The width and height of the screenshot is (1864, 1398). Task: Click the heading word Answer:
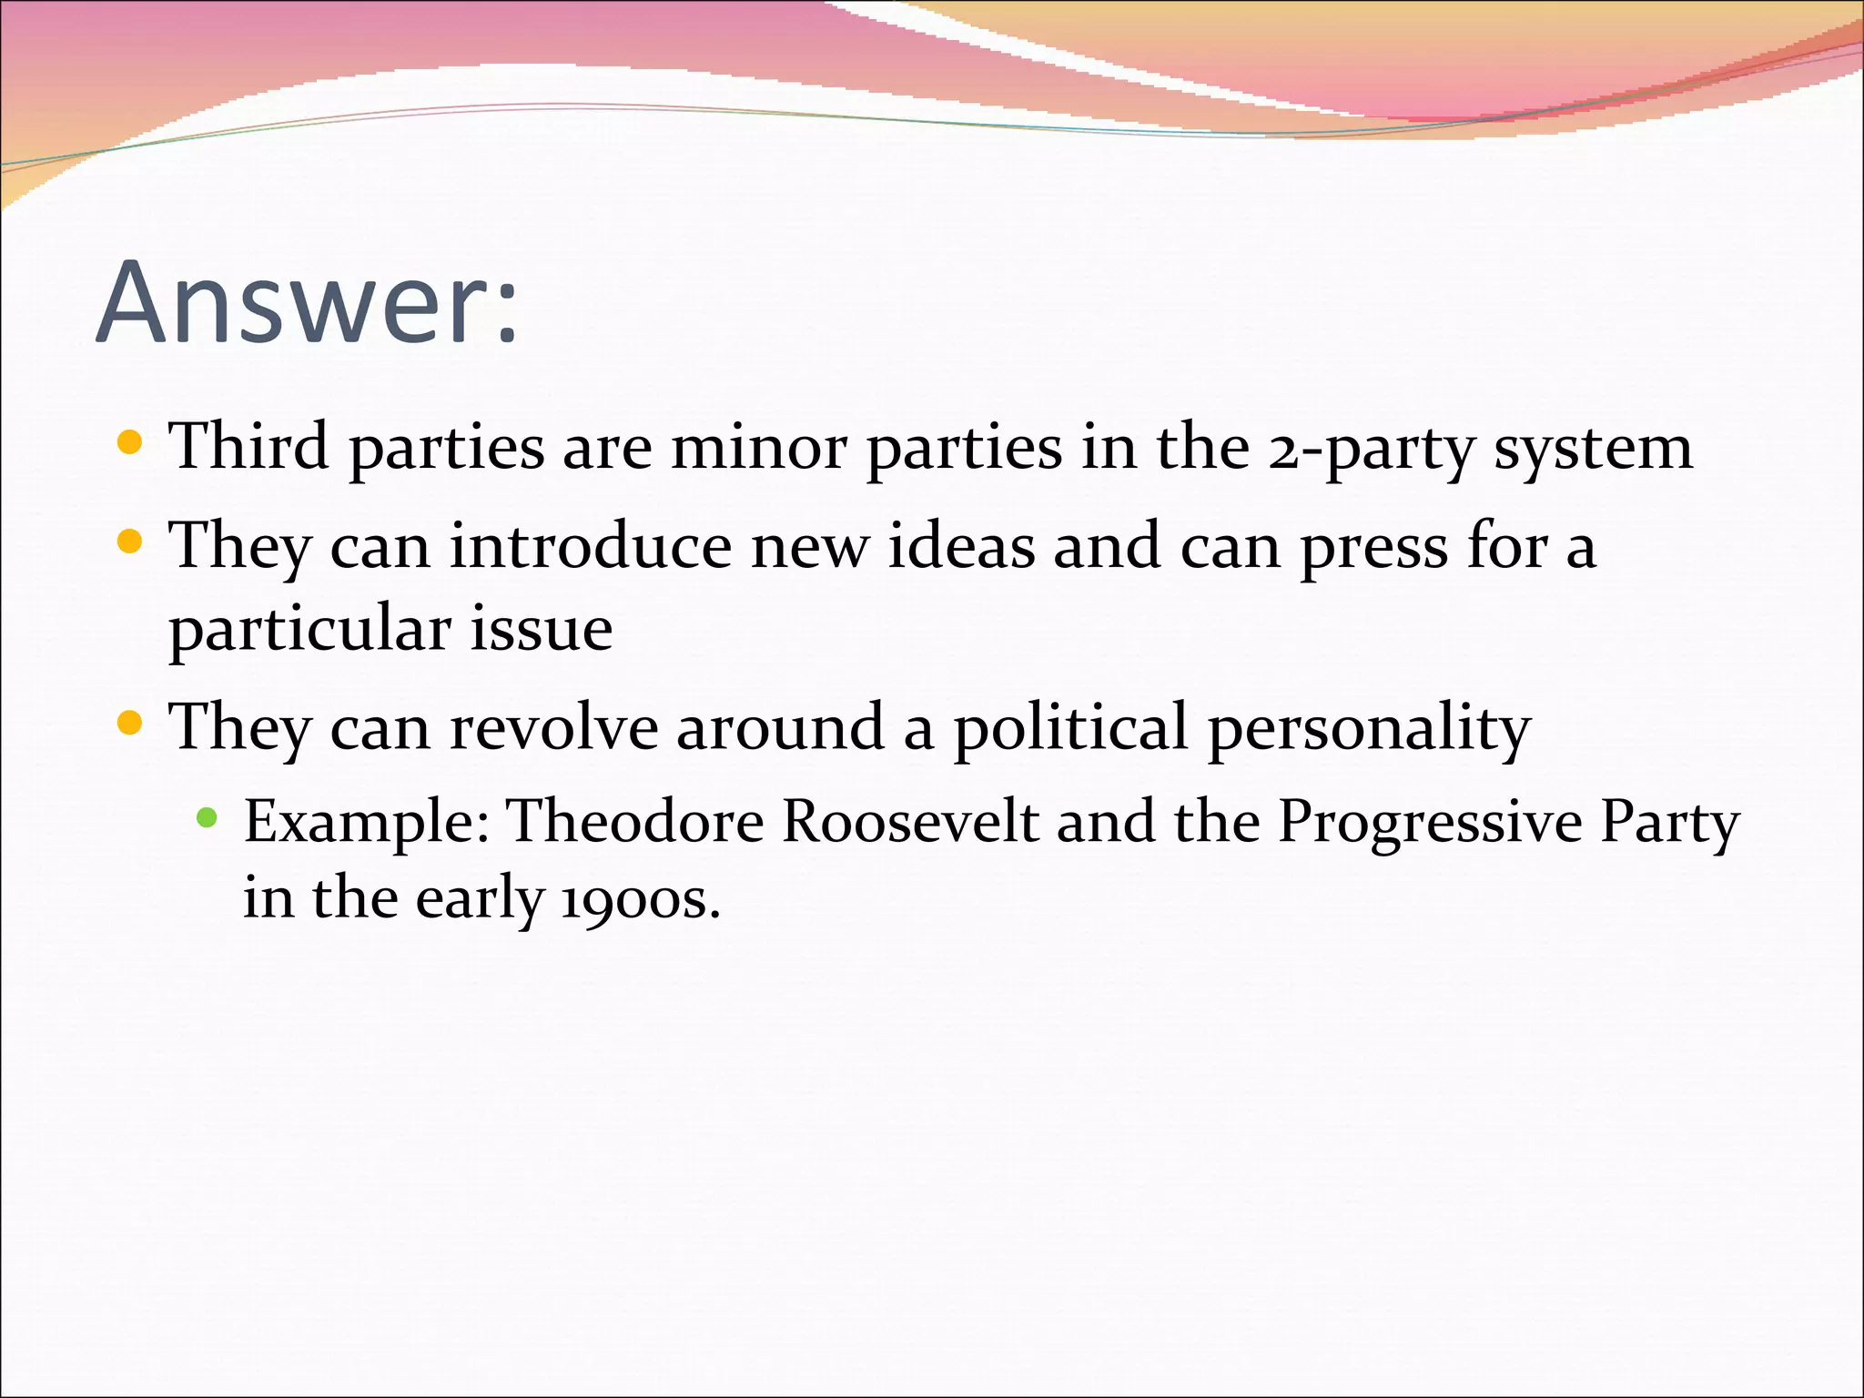308,302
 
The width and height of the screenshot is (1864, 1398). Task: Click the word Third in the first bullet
249,447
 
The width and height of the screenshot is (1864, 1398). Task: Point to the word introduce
590,547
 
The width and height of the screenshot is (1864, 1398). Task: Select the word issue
541,629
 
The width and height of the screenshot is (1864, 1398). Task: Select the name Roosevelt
909,822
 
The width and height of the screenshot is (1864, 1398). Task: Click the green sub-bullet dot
207,816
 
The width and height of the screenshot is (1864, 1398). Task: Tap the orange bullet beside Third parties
131,443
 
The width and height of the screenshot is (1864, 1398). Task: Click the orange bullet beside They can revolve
131,724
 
